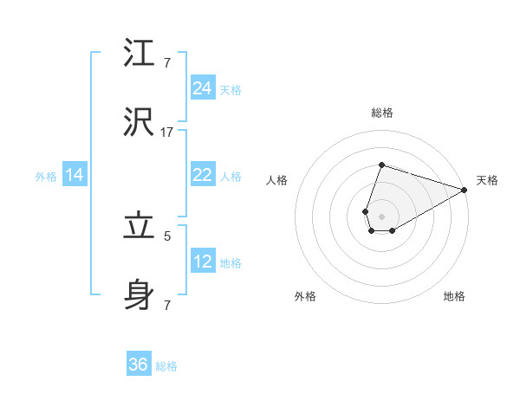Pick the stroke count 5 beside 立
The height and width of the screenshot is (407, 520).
pyautogui.click(x=166, y=235)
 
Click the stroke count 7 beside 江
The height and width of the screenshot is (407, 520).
pyautogui.click(x=166, y=63)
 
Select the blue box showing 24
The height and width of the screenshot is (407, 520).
pyautogui.click(x=203, y=88)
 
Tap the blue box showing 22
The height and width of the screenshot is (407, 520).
pyautogui.click(x=203, y=175)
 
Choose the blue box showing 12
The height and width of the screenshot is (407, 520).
pyautogui.click(x=203, y=262)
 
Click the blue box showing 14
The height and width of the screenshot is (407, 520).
pyautogui.click(x=75, y=176)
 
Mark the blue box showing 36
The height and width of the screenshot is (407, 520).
pyautogui.click(x=139, y=365)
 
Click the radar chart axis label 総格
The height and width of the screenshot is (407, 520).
pyautogui.click(x=381, y=113)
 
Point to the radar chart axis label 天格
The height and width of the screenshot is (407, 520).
pyautogui.click(x=487, y=180)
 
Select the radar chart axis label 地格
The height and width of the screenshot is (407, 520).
pyautogui.click(x=454, y=296)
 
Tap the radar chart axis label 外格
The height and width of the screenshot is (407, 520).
pyautogui.click(x=305, y=296)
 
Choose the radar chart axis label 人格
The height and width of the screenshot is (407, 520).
pyautogui.click(x=277, y=180)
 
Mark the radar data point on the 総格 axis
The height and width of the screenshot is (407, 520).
pyautogui.click(x=381, y=165)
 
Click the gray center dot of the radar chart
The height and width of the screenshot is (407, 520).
pyautogui.click(x=381, y=216)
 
